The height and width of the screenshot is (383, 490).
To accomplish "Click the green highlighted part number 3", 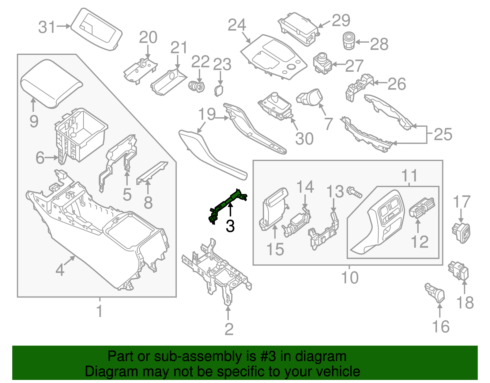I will click(x=228, y=204).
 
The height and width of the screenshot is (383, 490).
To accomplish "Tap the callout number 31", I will click(x=47, y=27).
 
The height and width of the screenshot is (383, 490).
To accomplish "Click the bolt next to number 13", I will click(x=354, y=193).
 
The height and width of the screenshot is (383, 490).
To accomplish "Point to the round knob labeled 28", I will click(x=348, y=41).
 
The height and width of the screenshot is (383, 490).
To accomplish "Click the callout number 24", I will click(x=237, y=25).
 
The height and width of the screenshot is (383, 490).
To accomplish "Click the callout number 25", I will click(x=443, y=134).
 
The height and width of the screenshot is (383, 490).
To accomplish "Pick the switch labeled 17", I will click(x=461, y=232).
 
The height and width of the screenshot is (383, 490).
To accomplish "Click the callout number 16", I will click(x=441, y=327).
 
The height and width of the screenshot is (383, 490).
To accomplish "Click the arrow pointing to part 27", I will click(x=338, y=64).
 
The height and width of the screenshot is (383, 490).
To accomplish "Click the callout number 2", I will click(x=229, y=329).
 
